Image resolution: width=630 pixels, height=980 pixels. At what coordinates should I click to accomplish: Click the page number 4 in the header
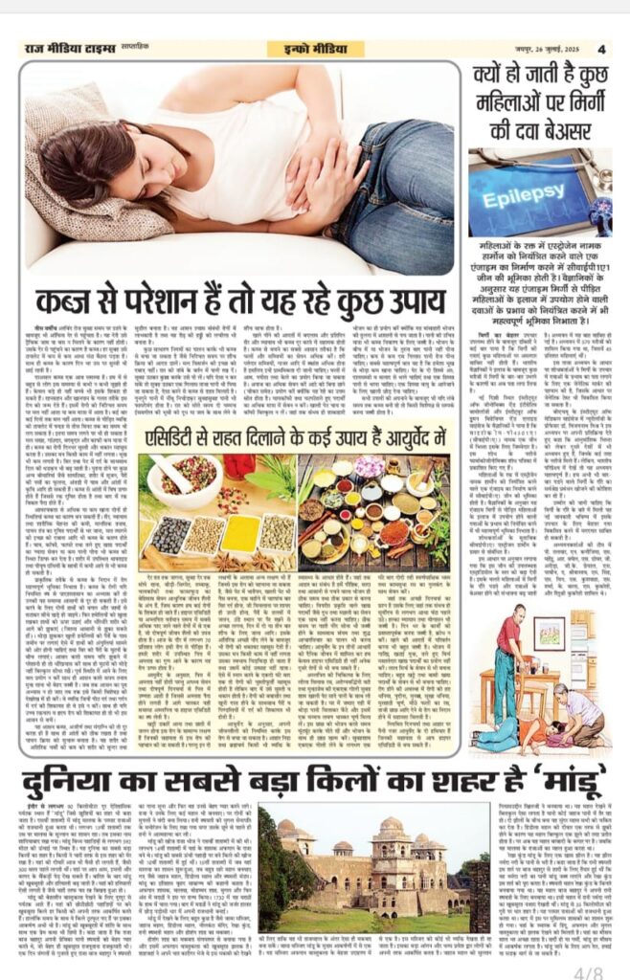click(x=602, y=49)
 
